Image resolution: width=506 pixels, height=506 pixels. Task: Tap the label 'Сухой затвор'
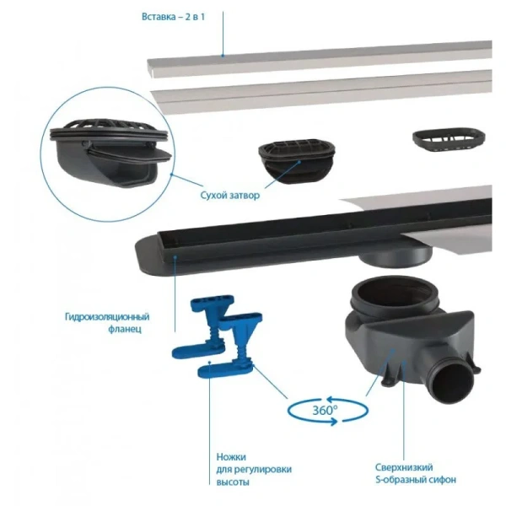click(230, 195)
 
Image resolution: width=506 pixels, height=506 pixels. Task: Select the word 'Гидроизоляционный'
click(107, 317)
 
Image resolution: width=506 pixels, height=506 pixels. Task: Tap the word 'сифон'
click(438, 480)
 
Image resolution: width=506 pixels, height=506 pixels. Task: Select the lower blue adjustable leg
click(223, 358)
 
